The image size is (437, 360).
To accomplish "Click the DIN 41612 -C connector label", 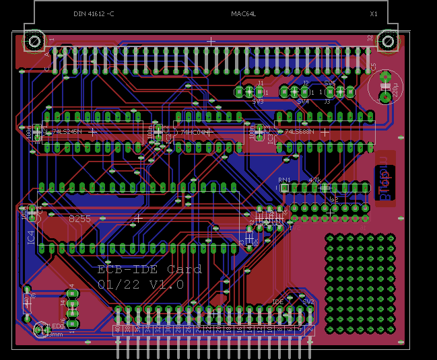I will pos(94,13).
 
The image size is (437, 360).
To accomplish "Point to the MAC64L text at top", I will pos(243,13).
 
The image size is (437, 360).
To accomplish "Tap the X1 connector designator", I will pos(374,13).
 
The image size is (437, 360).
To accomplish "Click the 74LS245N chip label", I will pos(66,132).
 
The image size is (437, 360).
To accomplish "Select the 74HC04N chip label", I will pos(194,132).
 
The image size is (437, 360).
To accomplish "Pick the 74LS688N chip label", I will pos(299,132).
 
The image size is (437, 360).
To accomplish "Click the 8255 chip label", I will pos(79,219).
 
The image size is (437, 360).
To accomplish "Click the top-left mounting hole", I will pos(34,42).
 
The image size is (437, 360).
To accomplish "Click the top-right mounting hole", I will pos(387,42).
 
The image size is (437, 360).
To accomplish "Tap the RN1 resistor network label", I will pos(284,180).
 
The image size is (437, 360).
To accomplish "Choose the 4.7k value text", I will pos(314,180).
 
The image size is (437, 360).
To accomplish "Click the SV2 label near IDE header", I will pos(308,302).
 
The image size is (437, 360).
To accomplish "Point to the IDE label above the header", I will pos(277,302).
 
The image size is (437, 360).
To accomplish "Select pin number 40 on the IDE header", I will pos(117,330).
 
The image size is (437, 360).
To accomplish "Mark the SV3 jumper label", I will pos(258,101).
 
